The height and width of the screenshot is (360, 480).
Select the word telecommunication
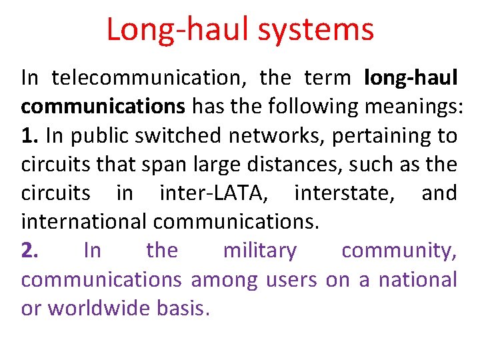[x=149, y=79]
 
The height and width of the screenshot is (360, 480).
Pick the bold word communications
[x=103, y=107]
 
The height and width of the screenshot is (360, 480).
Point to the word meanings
[x=411, y=107]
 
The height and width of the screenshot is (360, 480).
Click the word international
[x=86, y=222]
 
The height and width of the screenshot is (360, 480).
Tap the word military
[x=260, y=251]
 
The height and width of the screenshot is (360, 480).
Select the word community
[x=399, y=251]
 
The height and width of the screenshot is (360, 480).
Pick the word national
[x=414, y=279]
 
